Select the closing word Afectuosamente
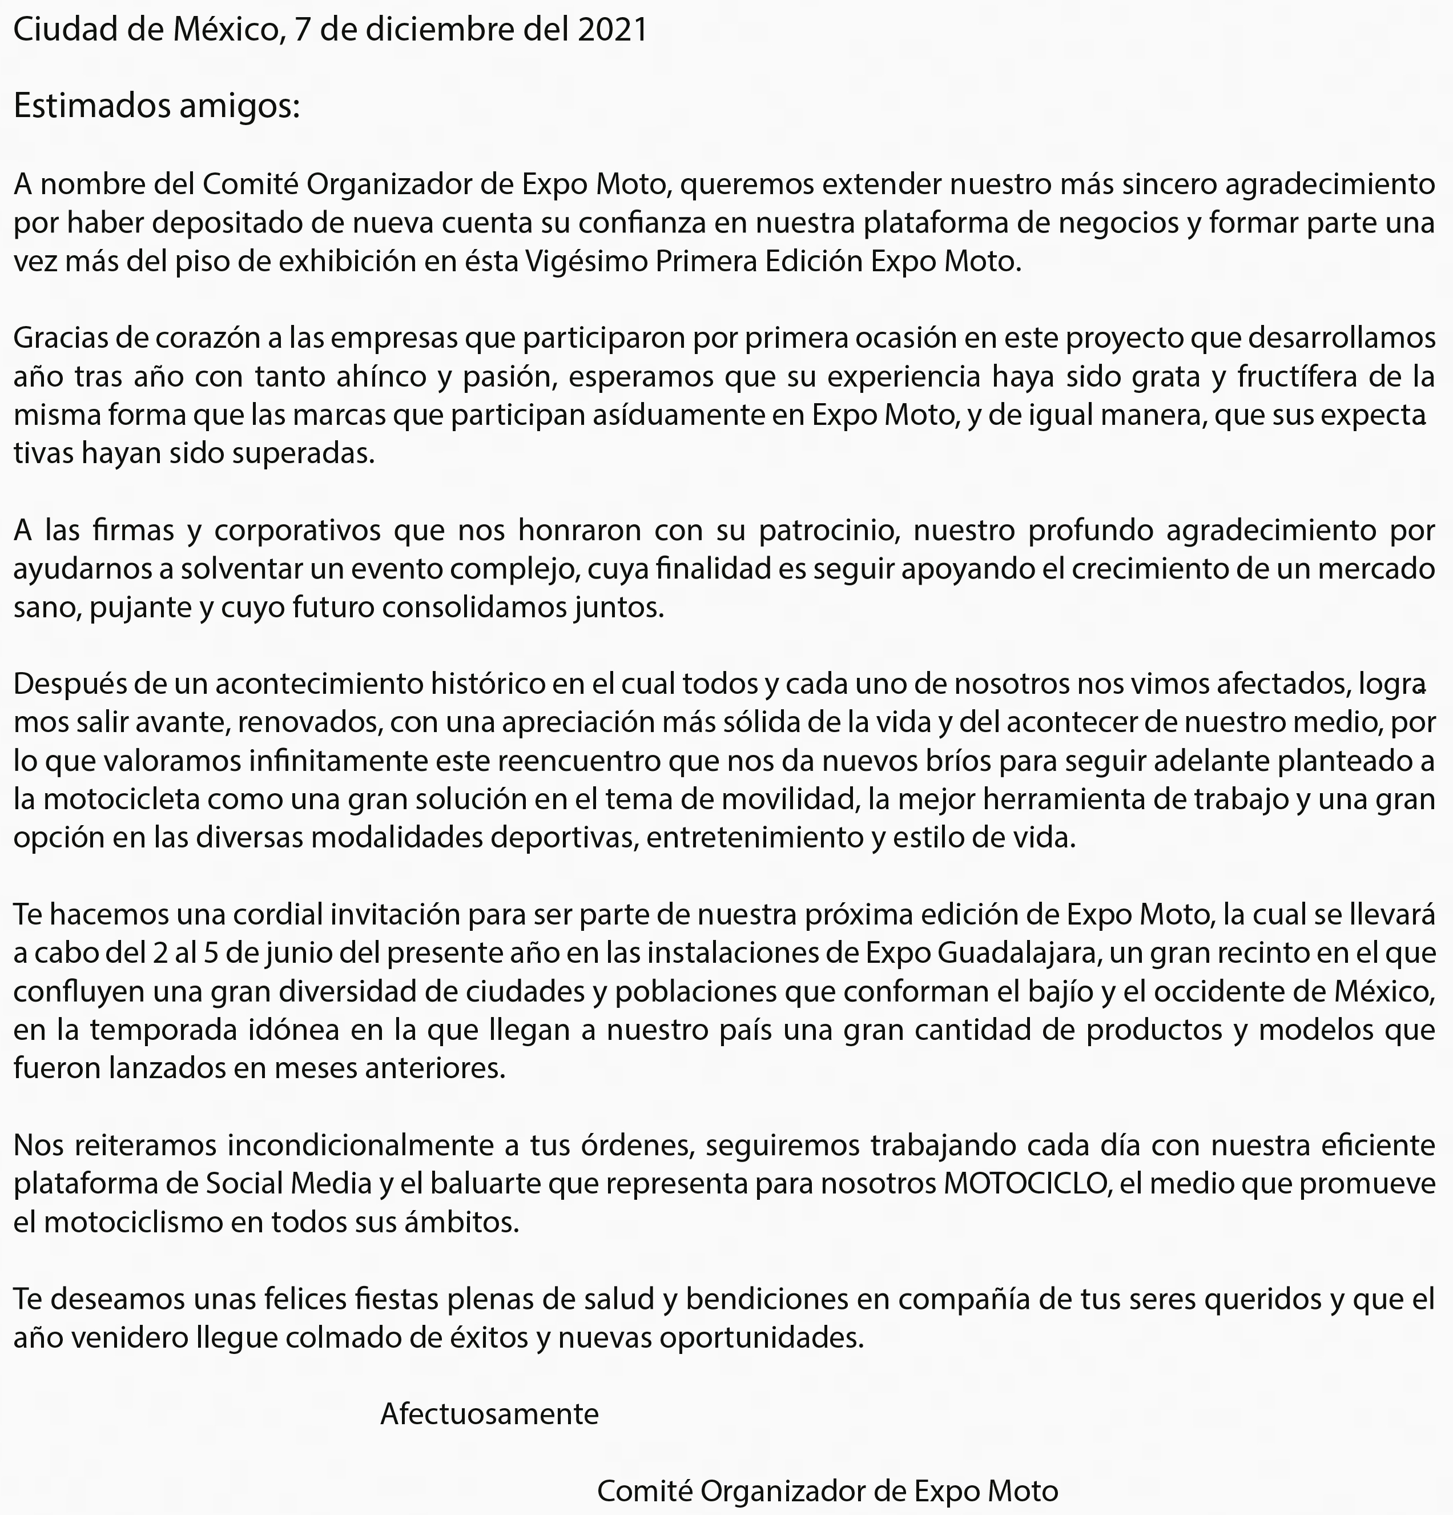click(x=489, y=1414)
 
